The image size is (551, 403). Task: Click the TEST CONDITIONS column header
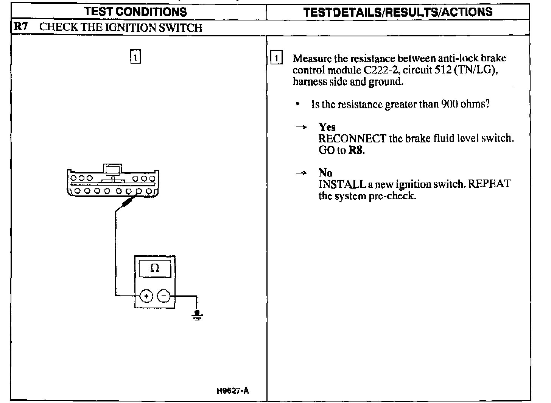tap(136, 12)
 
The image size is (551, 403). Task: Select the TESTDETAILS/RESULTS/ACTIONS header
tap(398, 12)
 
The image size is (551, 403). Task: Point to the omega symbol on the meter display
tap(155, 269)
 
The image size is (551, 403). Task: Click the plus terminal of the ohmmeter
tap(146, 296)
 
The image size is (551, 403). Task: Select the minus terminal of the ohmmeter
tap(164, 296)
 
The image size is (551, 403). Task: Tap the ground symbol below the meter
tap(197, 315)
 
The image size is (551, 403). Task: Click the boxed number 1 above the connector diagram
tap(135, 56)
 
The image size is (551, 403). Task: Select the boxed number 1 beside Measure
tap(277, 59)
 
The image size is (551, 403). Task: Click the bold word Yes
tap(327, 127)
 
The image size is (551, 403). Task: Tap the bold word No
tap(325, 173)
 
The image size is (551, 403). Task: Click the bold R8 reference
tap(356, 150)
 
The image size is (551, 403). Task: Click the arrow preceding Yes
tap(301, 128)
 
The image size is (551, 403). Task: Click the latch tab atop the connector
tap(113, 169)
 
